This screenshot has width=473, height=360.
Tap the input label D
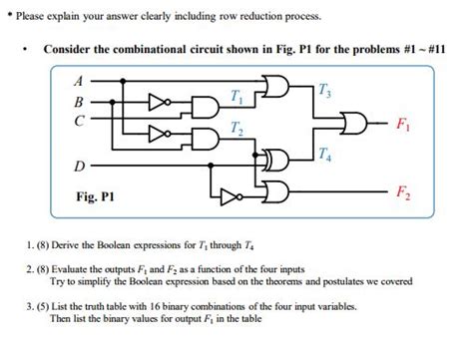point(81,164)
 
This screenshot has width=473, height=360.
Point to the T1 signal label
point(236,96)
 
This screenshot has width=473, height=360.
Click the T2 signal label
point(236,127)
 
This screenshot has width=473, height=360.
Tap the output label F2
point(401,189)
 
